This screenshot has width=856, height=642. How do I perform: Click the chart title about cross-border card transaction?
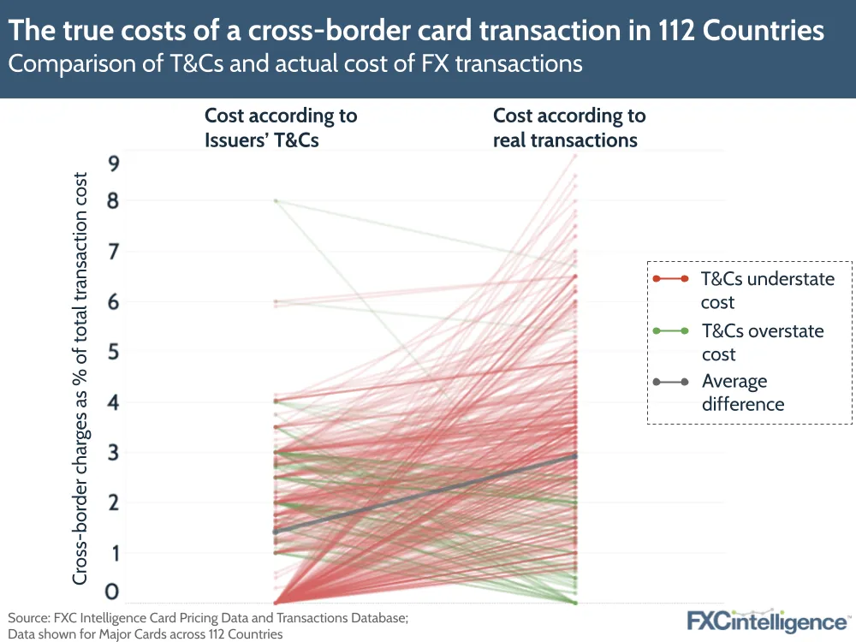416,31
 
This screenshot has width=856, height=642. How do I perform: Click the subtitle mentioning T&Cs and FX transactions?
295,63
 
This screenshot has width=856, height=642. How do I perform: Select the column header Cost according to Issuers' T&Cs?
280,128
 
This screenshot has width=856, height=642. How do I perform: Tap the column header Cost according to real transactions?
569,128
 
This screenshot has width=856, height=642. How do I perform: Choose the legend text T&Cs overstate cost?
763,342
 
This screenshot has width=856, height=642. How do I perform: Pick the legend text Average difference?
743,393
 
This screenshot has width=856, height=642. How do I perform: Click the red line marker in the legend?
670,279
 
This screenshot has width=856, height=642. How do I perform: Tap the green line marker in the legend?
670,331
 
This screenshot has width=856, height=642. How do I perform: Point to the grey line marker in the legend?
670,382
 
